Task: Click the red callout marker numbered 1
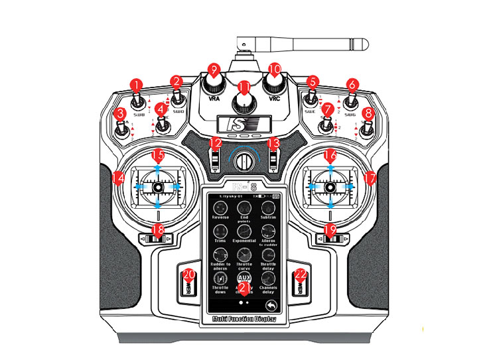pyautogui.click(x=137, y=85)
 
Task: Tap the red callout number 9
pyautogui.click(x=213, y=70)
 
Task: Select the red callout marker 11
pyautogui.click(x=244, y=87)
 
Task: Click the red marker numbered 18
pyautogui.click(x=157, y=230)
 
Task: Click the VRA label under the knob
pyautogui.click(x=214, y=98)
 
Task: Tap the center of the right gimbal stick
pyautogui.click(x=330, y=188)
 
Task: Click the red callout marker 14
pyautogui.click(x=119, y=178)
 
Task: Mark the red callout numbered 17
pyautogui.click(x=370, y=178)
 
